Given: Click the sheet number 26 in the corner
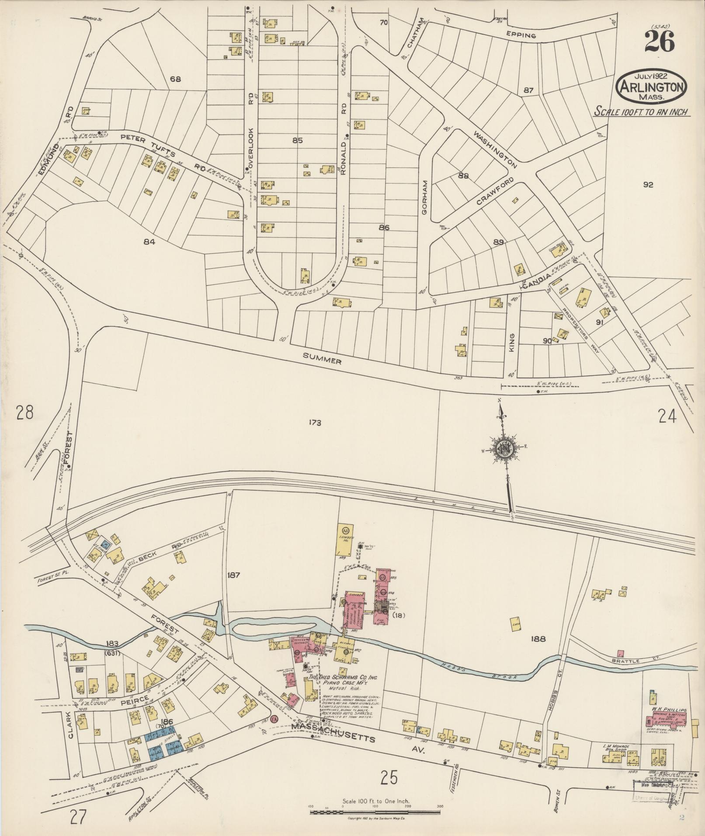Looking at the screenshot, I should pos(659,42).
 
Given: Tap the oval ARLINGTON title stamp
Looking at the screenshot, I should pos(651,86).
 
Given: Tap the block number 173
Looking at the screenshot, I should pos(314,423).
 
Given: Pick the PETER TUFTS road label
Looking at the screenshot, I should pos(149,145).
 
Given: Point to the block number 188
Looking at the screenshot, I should pos(538,638).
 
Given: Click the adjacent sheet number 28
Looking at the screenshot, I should pos(24,413).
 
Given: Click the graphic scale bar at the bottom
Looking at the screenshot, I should pos(376,812).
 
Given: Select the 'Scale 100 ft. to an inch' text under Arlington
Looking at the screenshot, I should pos(641,112).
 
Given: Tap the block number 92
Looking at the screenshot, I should pos(648,185).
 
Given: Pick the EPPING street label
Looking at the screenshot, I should pos(520,35).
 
